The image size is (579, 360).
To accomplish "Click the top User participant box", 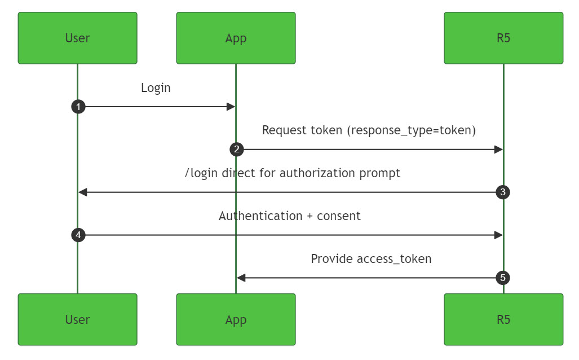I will [77, 38].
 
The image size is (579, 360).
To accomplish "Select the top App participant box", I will [236, 38].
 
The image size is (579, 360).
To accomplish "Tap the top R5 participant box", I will [503, 38].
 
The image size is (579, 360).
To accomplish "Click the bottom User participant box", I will [77, 319].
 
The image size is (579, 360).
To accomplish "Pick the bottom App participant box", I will [236, 319].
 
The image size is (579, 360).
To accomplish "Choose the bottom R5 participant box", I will [503, 319].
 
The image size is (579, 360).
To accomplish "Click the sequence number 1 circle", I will [78, 107].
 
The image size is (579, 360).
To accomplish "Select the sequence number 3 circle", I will [503, 192].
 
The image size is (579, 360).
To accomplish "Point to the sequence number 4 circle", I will [78, 235].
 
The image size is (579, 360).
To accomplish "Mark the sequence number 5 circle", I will [503, 278].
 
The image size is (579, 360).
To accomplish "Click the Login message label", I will [156, 88].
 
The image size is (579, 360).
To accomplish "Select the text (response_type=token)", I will [411, 130].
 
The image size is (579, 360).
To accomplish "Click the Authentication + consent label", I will [289, 216].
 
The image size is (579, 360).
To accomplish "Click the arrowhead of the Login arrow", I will [231, 107].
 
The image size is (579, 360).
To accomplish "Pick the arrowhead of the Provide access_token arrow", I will [241, 278].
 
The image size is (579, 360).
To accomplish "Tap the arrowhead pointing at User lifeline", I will [83, 192].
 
